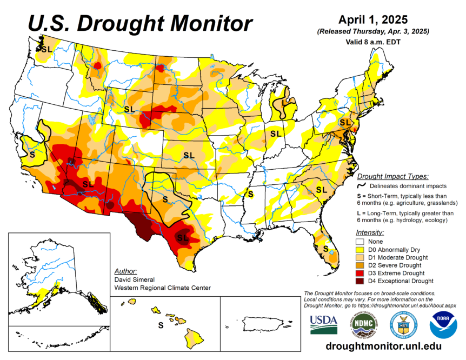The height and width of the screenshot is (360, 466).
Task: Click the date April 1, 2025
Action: pyautogui.click(x=373, y=19)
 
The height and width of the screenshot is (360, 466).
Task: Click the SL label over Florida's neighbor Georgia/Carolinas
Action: pyautogui.click(x=322, y=190)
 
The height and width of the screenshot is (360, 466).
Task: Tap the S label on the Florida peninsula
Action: pyautogui.click(x=325, y=248)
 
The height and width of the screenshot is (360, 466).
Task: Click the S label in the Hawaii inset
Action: pyautogui.click(x=160, y=325)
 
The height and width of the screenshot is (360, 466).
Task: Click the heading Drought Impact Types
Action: pyautogui.click(x=393, y=176)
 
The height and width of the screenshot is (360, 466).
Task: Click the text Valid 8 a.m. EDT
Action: pyautogui.click(x=373, y=41)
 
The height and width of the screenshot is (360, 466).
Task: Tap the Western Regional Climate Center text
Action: pyautogui.click(x=162, y=288)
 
